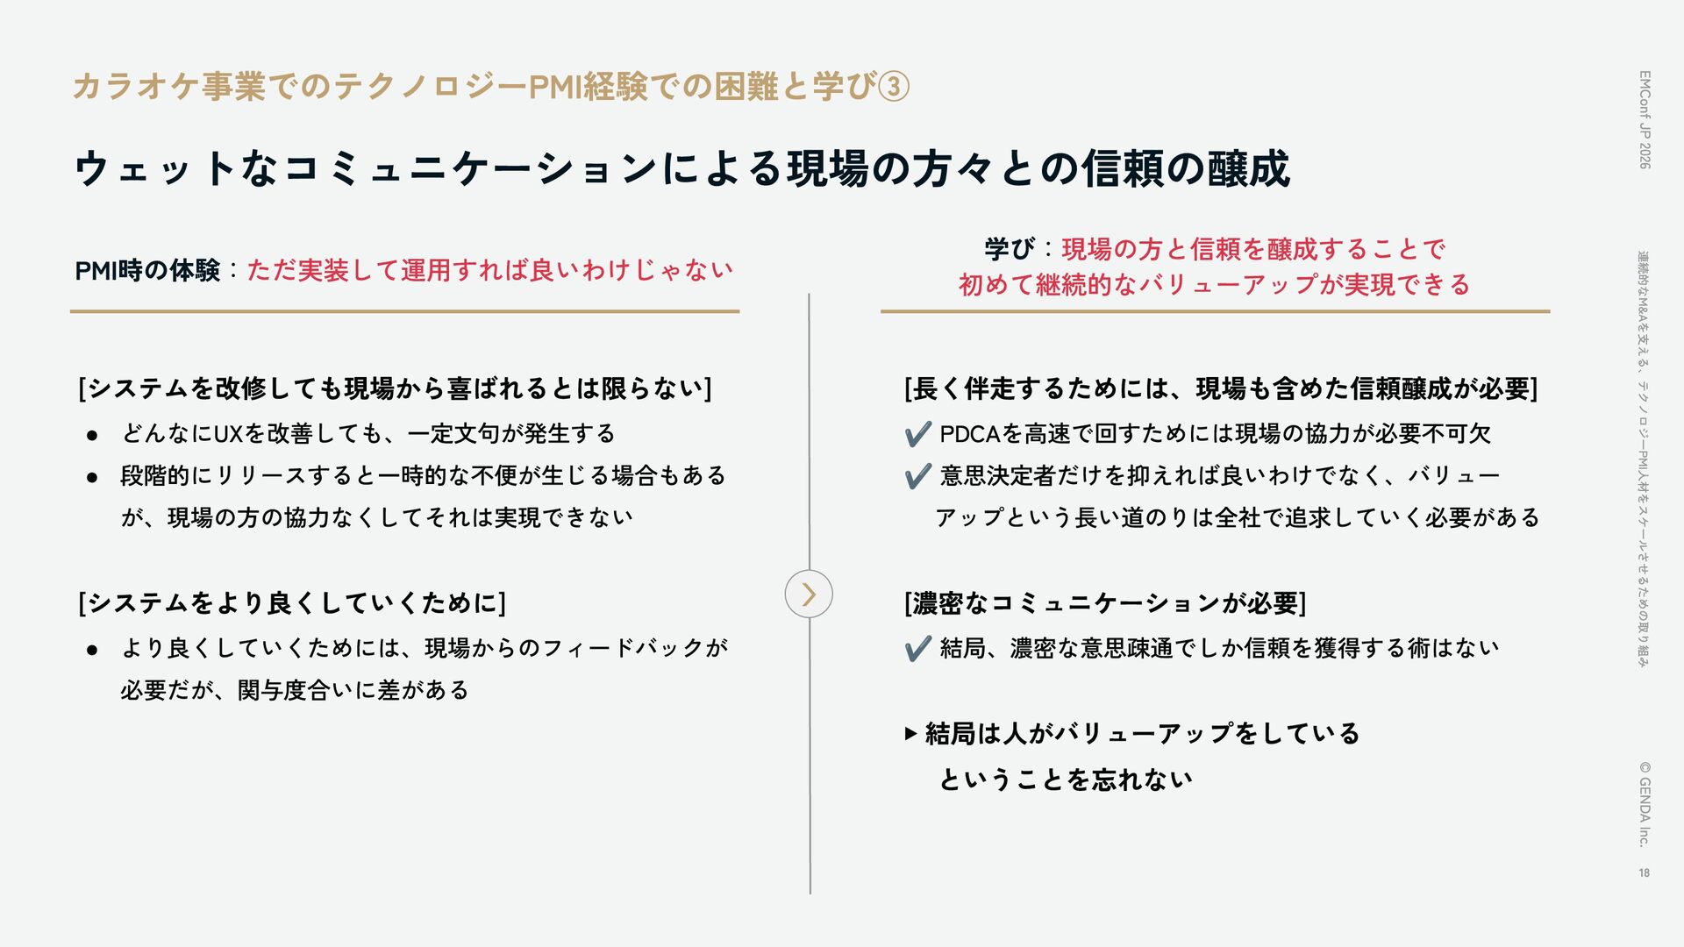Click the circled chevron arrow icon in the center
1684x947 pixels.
(x=808, y=594)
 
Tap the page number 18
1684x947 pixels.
(x=1644, y=872)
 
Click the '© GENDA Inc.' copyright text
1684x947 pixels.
(x=1645, y=803)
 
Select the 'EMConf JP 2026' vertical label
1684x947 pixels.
(x=1645, y=119)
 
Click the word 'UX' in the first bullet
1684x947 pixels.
(x=228, y=433)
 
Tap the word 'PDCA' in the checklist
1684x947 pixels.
(x=970, y=433)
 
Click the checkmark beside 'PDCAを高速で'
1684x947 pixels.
(x=917, y=433)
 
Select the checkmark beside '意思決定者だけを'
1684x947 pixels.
(x=917, y=476)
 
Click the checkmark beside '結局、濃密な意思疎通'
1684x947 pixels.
(x=917, y=649)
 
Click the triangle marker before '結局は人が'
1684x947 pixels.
(x=910, y=733)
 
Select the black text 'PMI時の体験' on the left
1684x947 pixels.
(x=147, y=270)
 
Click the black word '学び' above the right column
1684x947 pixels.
(x=1009, y=249)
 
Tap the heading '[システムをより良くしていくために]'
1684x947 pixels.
(x=292, y=603)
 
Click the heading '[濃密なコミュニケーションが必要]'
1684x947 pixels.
(x=1105, y=603)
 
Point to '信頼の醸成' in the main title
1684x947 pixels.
(x=1185, y=168)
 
